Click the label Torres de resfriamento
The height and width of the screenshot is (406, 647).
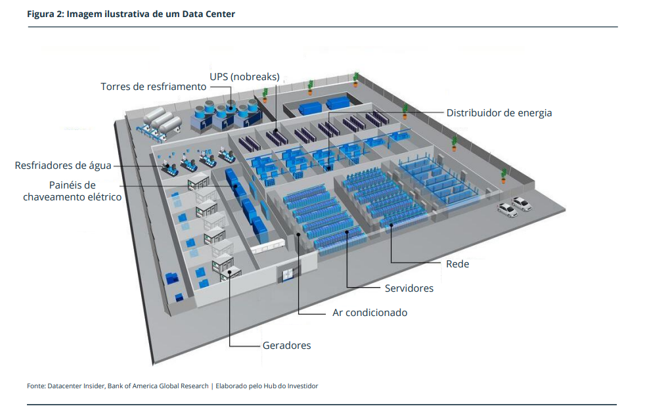click(x=153, y=87)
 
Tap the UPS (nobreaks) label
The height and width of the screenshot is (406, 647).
click(x=244, y=77)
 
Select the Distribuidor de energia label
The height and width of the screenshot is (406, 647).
click(x=499, y=113)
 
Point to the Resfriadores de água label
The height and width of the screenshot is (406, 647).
click(x=63, y=166)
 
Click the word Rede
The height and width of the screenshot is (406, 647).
click(x=457, y=264)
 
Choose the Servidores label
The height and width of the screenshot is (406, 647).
click(x=409, y=288)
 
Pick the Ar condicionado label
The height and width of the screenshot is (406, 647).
click(x=369, y=313)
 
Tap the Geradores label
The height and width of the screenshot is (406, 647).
click(x=286, y=346)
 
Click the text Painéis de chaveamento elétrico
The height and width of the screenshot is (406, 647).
click(x=72, y=191)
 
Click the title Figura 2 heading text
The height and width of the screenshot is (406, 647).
click(x=131, y=14)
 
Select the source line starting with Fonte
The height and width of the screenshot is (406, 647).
click(x=172, y=386)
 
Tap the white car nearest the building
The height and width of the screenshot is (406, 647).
click(x=507, y=210)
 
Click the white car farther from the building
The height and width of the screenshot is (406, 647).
click(x=522, y=204)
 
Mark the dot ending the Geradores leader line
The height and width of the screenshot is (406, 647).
click(x=229, y=271)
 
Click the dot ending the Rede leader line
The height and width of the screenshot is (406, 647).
click(x=391, y=225)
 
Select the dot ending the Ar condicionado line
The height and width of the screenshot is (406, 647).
click(x=299, y=234)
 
